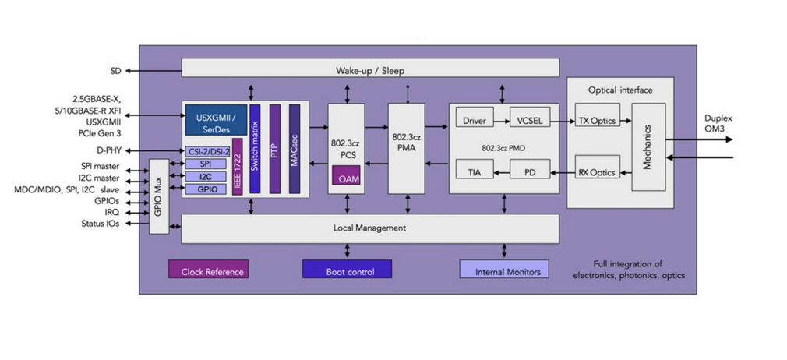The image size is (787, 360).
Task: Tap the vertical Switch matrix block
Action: tap(254, 147)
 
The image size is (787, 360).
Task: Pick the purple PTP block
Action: tap(274, 147)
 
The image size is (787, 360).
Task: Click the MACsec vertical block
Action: tap(295, 147)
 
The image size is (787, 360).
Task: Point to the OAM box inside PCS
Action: tap(348, 178)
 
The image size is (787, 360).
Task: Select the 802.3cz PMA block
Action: tap(406, 148)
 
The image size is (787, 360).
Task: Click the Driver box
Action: tap(474, 121)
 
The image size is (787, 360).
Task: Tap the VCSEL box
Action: tap(530, 121)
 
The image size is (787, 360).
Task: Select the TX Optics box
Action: tap(597, 121)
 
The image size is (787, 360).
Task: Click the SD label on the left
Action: tap(115, 71)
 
